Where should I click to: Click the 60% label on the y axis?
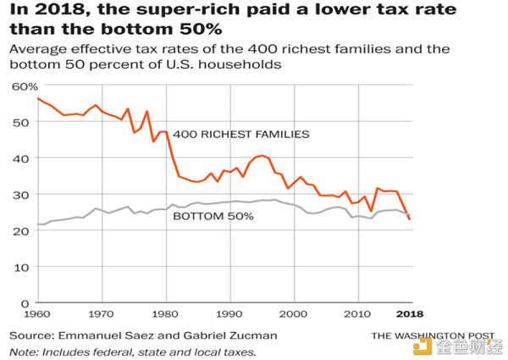tap(25, 86)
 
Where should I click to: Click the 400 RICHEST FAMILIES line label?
tap(241, 135)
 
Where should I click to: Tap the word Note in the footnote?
tap(24, 352)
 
